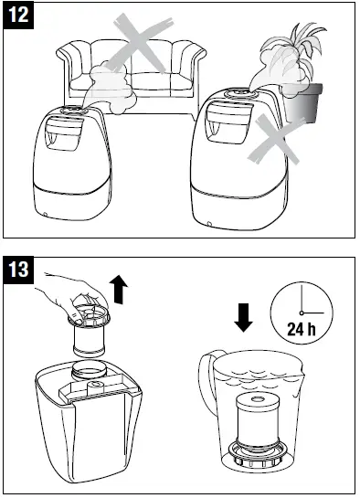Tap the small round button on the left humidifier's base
pyautogui.click(x=46, y=215)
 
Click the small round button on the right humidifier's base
pyautogui.click(x=209, y=222)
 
